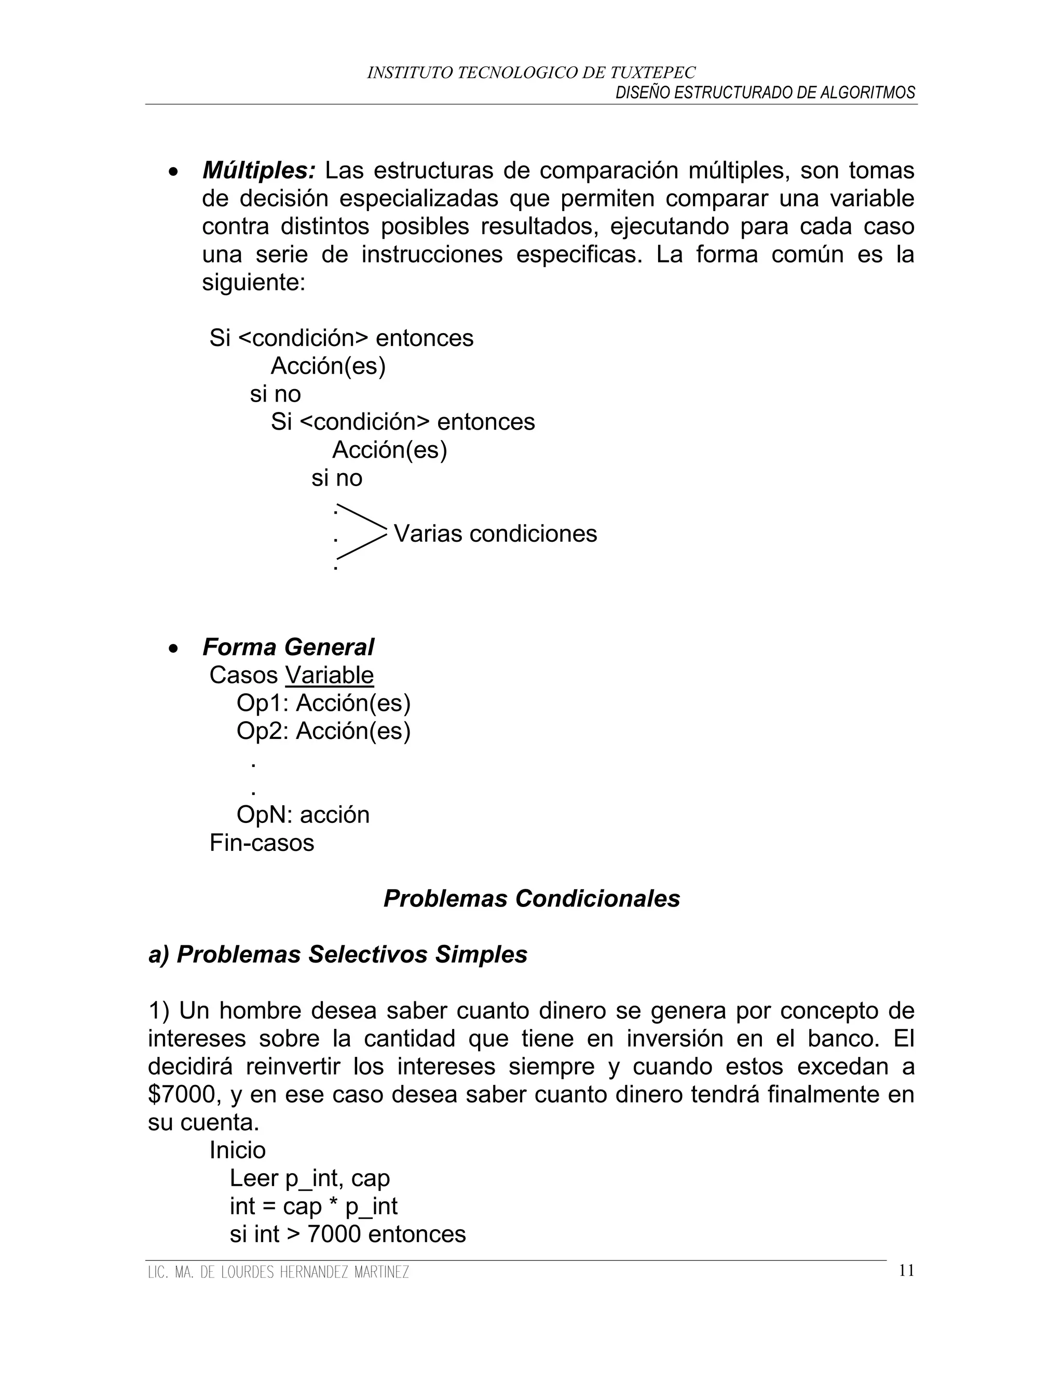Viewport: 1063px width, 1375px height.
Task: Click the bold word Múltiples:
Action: [259, 170]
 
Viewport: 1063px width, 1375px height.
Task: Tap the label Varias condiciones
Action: [495, 534]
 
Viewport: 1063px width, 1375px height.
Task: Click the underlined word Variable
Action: [330, 675]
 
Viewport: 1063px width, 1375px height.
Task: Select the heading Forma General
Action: [288, 647]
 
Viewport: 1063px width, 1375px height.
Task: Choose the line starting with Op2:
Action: [323, 731]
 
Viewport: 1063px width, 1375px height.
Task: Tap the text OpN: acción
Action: [303, 815]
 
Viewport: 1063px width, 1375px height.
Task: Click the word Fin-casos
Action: [262, 843]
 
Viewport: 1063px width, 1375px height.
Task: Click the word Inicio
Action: [237, 1150]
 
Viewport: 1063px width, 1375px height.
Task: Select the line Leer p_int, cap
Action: [309, 1178]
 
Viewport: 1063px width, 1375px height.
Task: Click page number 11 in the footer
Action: [906, 1271]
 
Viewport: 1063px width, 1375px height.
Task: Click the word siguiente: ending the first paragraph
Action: [253, 283]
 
